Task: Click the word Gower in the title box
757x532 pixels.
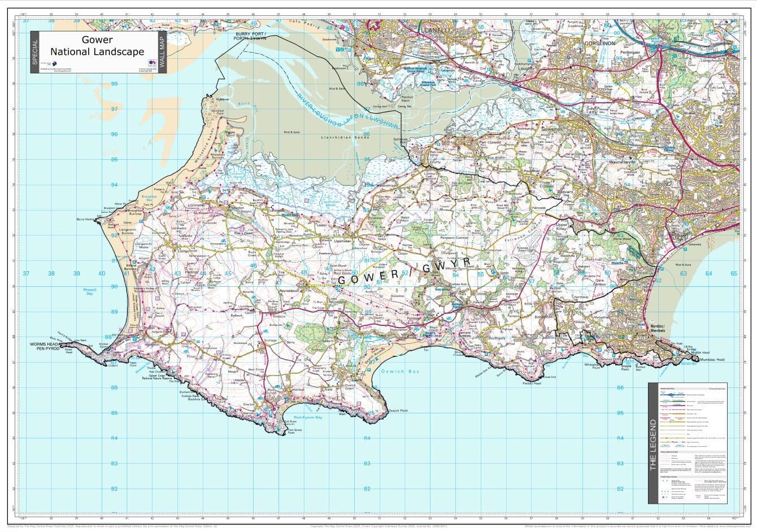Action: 97,40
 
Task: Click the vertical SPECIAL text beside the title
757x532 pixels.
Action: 35,52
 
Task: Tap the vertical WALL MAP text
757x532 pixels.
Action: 163,52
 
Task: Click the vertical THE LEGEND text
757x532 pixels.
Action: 652,444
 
